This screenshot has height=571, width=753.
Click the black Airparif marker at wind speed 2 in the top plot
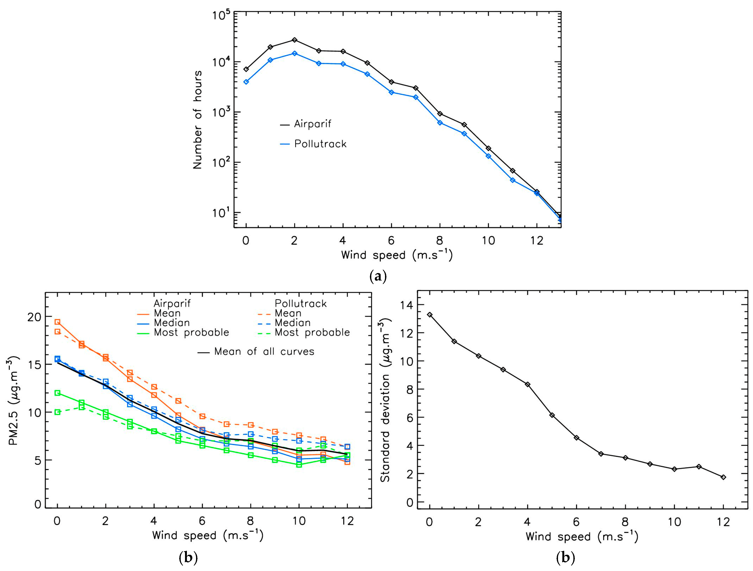click(x=294, y=40)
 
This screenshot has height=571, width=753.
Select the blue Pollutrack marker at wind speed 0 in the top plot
click(x=246, y=82)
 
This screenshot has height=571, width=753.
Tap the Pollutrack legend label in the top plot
click(x=320, y=144)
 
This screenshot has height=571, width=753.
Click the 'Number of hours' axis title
click(x=198, y=120)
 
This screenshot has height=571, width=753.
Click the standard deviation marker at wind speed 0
click(x=430, y=315)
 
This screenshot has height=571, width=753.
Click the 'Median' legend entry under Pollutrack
click(x=293, y=323)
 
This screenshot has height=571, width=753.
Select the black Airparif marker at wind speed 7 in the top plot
click(x=416, y=88)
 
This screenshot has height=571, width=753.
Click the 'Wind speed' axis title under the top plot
click(x=397, y=255)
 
